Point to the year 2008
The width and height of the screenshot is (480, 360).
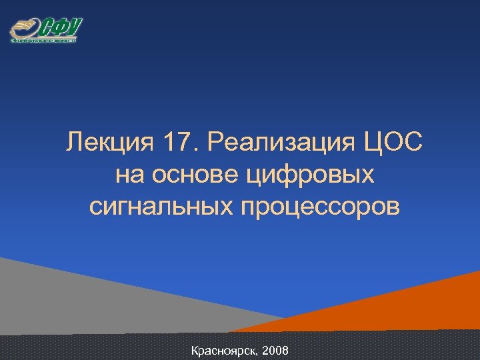click(275, 350)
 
